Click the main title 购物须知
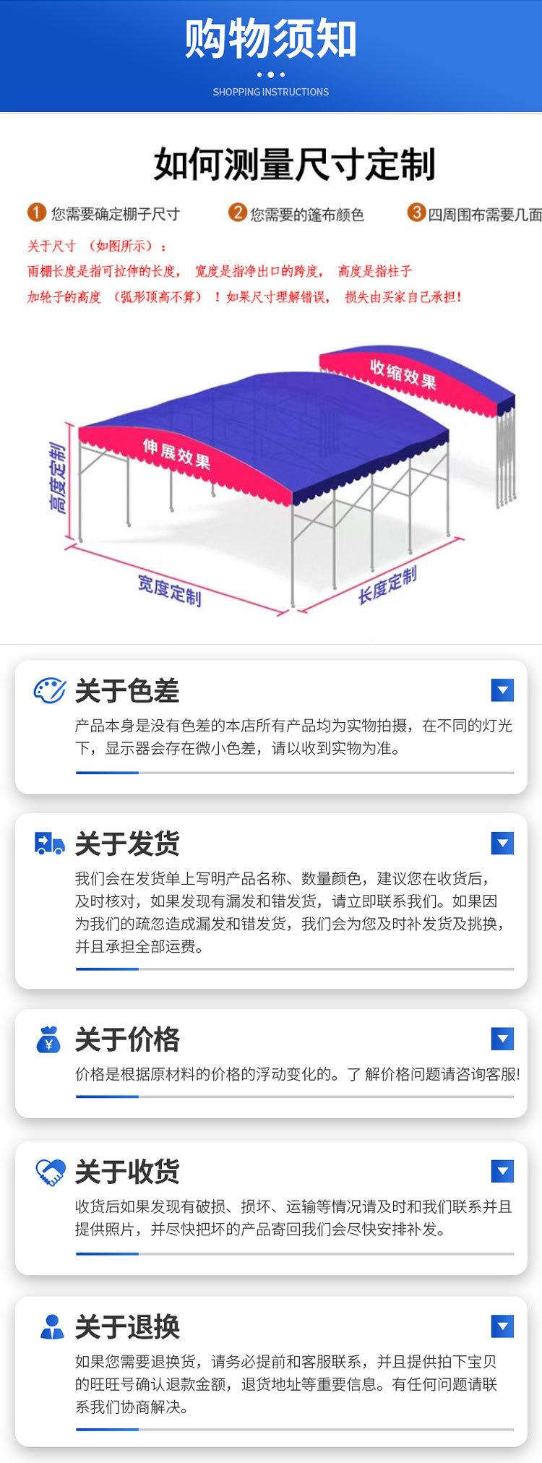[x=270, y=40]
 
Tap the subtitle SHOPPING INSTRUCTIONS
[x=270, y=93]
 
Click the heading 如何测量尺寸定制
[x=294, y=165]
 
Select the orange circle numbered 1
[x=37, y=213]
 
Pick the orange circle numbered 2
[x=237, y=213]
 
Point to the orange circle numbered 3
[x=416, y=213]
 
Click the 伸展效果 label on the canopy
[x=176, y=452]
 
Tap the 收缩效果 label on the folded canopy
[x=403, y=373]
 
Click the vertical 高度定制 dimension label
[x=58, y=479]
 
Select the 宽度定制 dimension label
[x=169, y=590]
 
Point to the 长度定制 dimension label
[x=387, y=585]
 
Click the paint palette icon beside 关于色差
[x=49, y=691]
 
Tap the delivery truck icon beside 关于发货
[x=49, y=844]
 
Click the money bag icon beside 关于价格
[x=49, y=1039]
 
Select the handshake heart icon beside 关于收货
[x=49, y=1172]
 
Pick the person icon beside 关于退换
[x=51, y=1326]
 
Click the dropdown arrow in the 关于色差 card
[x=502, y=690]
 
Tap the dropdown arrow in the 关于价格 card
[x=502, y=1039]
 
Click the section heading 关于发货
[x=127, y=844]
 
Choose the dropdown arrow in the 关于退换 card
[x=502, y=1326]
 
